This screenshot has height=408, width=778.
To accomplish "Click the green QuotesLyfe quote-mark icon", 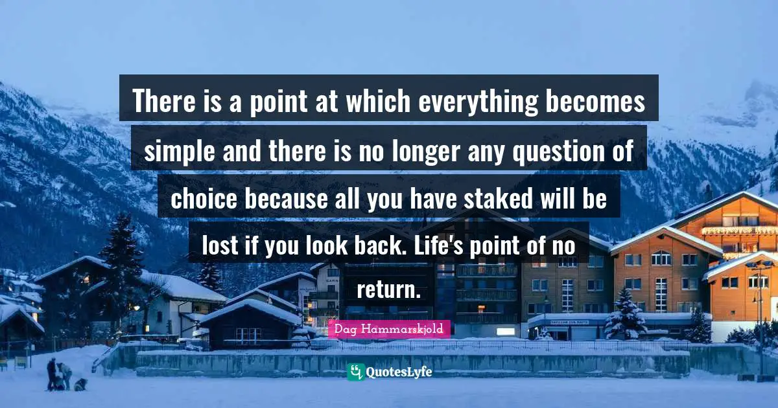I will (355, 372).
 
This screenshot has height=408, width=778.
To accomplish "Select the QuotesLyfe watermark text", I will (399, 372).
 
